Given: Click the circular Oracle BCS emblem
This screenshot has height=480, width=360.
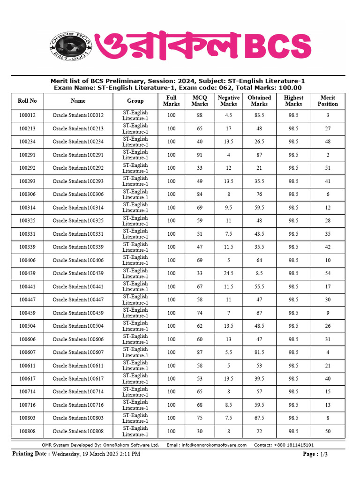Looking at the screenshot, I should click(x=70, y=46).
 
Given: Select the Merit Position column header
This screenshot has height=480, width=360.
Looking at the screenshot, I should click(x=328, y=101).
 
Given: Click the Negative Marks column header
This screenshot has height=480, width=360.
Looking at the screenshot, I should click(x=228, y=101).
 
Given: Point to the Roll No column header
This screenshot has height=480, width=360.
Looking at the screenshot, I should click(x=27, y=101).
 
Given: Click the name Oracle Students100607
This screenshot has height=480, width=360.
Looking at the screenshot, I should click(x=78, y=352).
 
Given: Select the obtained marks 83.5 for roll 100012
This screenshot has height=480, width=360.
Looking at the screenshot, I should click(x=259, y=115).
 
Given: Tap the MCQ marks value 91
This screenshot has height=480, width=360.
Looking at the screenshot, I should click(x=200, y=155).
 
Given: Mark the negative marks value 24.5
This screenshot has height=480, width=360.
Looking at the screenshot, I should click(x=228, y=273).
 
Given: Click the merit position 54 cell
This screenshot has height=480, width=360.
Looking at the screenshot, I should click(x=328, y=273).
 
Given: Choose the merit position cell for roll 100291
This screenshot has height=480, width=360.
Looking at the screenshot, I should click(x=328, y=155).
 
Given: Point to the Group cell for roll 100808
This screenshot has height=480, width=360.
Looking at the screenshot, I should click(x=135, y=431).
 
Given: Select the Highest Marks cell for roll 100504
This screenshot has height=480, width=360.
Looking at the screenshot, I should click(x=293, y=326).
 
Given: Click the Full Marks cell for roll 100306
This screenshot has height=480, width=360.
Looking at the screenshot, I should click(x=171, y=194).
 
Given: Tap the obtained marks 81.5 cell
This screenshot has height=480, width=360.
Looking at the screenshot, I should click(x=259, y=352).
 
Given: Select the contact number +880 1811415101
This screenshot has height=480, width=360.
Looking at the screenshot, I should click(x=293, y=445).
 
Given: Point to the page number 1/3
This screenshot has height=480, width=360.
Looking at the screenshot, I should click(x=323, y=454).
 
